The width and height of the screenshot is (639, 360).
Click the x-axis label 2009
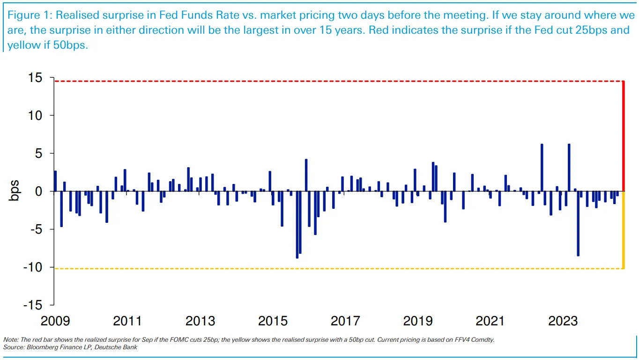pos(55,321)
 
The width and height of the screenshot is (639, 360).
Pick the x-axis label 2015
pos(273,321)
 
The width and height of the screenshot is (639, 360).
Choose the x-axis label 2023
pos(563,321)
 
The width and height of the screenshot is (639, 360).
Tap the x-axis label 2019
pos(418,321)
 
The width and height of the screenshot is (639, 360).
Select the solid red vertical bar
pos(623,136)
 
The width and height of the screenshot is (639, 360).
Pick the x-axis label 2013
pos(200,321)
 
